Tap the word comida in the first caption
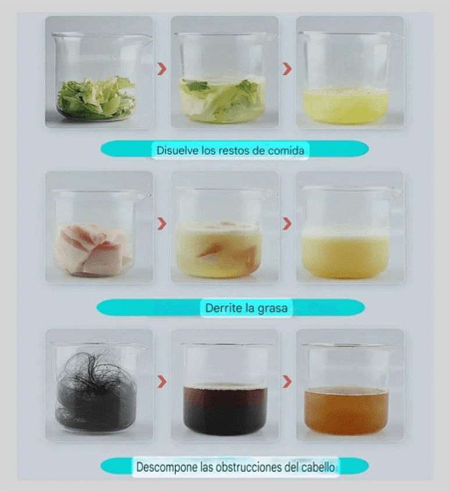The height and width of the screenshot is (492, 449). point(286,150)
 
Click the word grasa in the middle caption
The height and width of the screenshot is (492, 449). point(272,308)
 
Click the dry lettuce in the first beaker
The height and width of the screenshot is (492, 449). point(97,98)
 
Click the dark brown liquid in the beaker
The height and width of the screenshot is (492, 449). point(225,410)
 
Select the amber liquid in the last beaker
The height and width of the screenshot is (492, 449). point(346,411)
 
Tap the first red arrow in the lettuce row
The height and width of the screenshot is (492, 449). point(162,69)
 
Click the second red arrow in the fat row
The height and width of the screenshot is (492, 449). point(287,224)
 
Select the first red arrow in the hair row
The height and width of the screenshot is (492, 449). point(162,381)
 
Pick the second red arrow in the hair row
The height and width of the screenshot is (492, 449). point(287,381)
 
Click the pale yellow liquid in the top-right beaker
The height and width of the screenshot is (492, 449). point(345,106)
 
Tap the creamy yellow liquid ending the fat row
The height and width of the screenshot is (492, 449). point(345,256)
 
